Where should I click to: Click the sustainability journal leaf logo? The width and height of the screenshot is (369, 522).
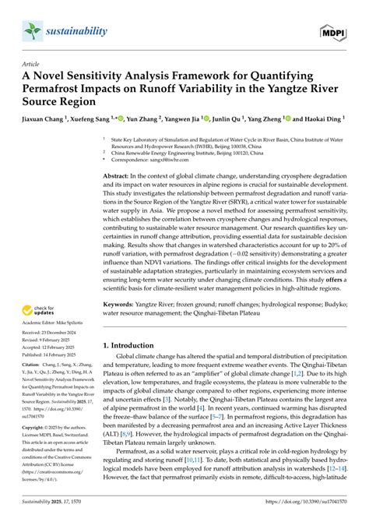[x=32, y=30]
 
